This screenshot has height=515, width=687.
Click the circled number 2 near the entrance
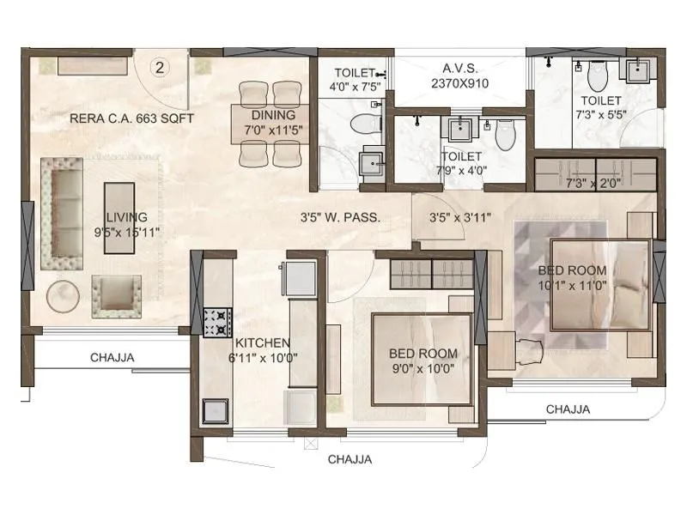(x=160, y=66)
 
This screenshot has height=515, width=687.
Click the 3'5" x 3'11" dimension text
(x=459, y=217)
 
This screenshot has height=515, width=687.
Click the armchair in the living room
(x=116, y=294)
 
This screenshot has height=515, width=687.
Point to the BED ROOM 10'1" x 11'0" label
(x=572, y=277)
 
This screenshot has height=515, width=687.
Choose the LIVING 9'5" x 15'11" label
(x=126, y=224)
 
